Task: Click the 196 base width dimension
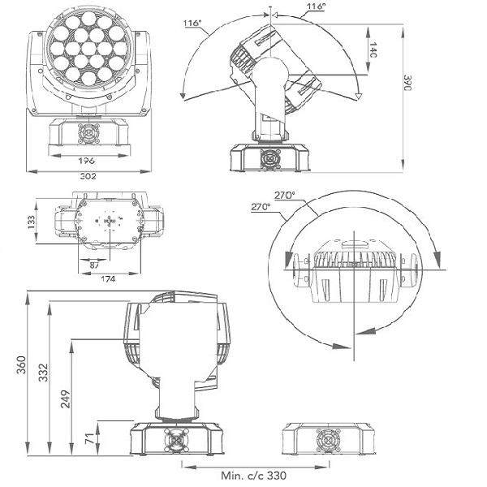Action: [x=86, y=161]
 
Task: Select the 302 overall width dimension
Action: [x=88, y=176]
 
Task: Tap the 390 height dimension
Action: [x=407, y=82]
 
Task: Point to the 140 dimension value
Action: [x=373, y=50]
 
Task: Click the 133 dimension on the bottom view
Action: [x=32, y=222]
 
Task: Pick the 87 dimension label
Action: [x=94, y=265]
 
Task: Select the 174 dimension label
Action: [x=108, y=278]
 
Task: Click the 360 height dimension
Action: [x=21, y=365]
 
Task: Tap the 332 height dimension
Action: [x=43, y=373]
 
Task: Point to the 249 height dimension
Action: [x=65, y=399]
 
